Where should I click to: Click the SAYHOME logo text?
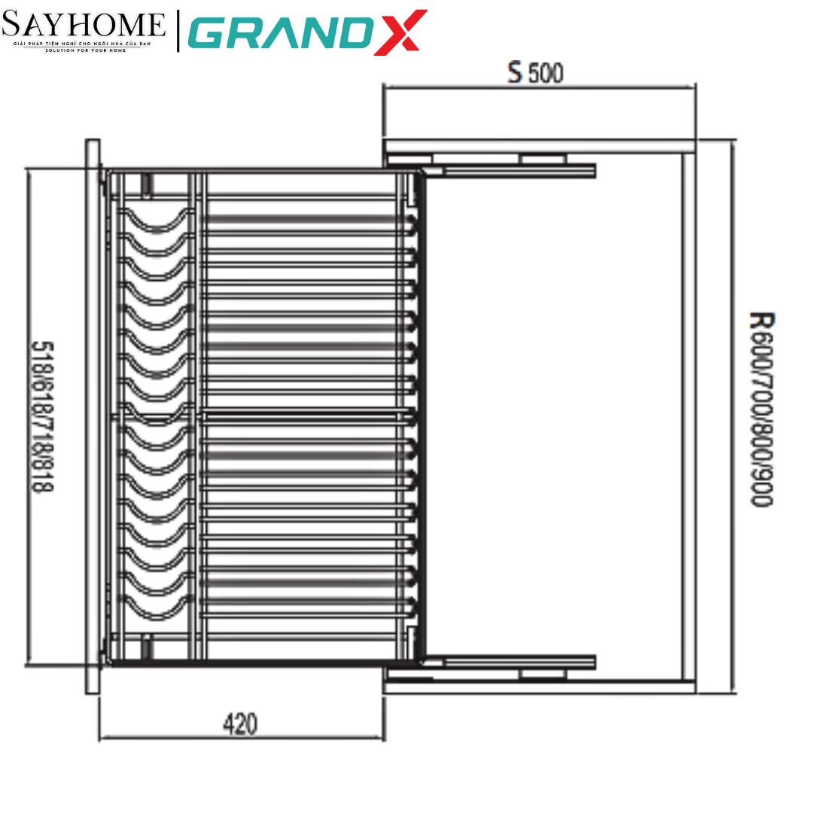click(84, 26)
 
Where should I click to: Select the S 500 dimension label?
click(535, 73)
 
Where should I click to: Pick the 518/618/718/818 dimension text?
click(42, 416)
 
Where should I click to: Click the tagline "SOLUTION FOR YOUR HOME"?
click(84, 51)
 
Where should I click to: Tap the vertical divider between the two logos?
click(178, 31)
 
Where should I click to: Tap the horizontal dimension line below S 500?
click(538, 87)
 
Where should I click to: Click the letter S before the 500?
click(514, 73)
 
